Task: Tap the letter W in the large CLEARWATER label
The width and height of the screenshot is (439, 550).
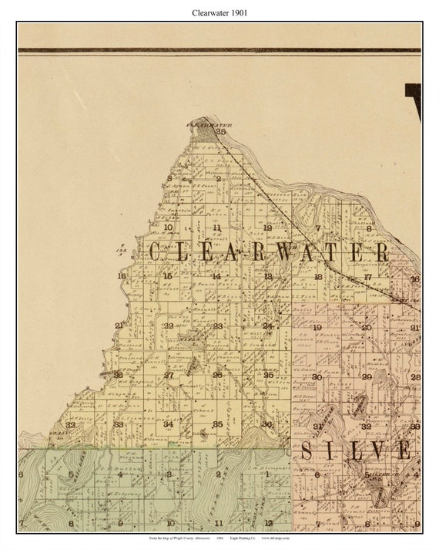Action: [x=284, y=252]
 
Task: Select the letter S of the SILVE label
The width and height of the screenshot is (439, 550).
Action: [x=307, y=450]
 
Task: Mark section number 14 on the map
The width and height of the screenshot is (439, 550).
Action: [x=216, y=276]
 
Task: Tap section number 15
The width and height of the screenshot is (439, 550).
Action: [x=167, y=276]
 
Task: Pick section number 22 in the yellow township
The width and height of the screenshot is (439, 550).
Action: [x=168, y=326]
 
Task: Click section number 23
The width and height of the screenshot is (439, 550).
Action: [x=217, y=326]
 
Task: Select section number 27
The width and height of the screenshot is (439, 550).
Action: [x=168, y=375]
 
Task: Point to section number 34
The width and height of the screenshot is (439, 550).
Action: [x=168, y=424]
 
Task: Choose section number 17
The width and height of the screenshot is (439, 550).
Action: [x=367, y=277]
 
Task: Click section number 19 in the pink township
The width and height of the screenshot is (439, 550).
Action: [x=317, y=327]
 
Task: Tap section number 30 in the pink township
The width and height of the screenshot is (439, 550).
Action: [x=317, y=376]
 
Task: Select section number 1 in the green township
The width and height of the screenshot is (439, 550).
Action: [x=267, y=474]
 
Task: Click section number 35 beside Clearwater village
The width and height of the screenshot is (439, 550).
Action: [x=221, y=132]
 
